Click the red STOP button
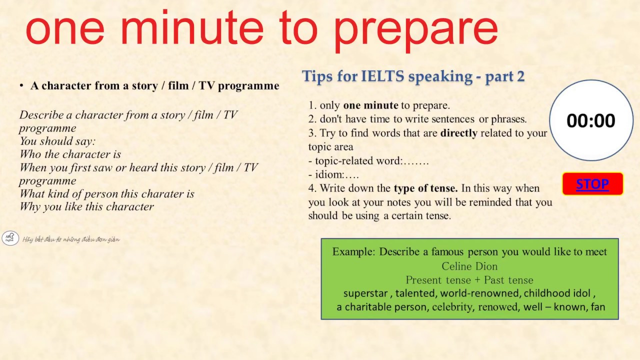592,184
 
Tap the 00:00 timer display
591,120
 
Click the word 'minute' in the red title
192,29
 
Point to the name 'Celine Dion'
469,266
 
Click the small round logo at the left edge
10,238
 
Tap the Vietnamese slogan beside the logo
71,239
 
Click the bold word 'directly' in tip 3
458,133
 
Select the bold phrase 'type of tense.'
425,188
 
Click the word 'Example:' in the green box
353,252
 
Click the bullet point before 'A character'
21,86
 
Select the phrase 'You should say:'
57,141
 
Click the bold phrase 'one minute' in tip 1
370,105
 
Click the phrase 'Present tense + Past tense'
469,280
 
